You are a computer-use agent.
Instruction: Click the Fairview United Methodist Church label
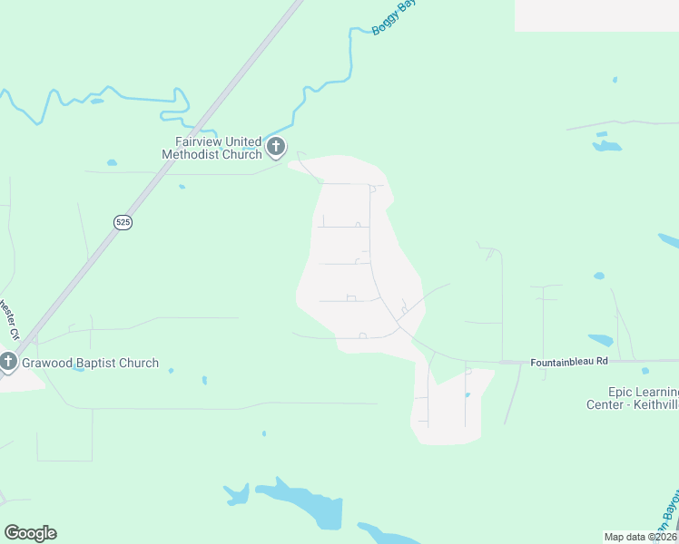click(212, 148)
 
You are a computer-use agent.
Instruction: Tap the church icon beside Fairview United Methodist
click(276, 147)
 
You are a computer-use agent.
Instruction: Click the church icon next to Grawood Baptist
click(8, 363)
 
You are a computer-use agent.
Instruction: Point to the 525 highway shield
click(123, 222)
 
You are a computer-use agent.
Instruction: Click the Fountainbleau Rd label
click(569, 361)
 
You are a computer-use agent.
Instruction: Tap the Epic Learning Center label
click(632, 398)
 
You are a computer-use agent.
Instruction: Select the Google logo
click(30, 533)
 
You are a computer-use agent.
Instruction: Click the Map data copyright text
click(640, 537)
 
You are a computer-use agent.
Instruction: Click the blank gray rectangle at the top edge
click(595, 15)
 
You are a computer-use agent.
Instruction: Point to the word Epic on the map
click(599, 392)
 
